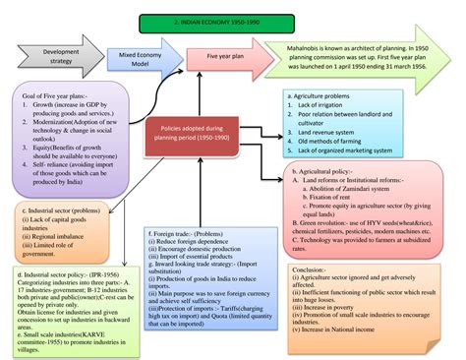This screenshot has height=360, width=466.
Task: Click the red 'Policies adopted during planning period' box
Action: point(216,133)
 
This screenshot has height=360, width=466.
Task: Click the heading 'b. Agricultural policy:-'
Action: point(323,171)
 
